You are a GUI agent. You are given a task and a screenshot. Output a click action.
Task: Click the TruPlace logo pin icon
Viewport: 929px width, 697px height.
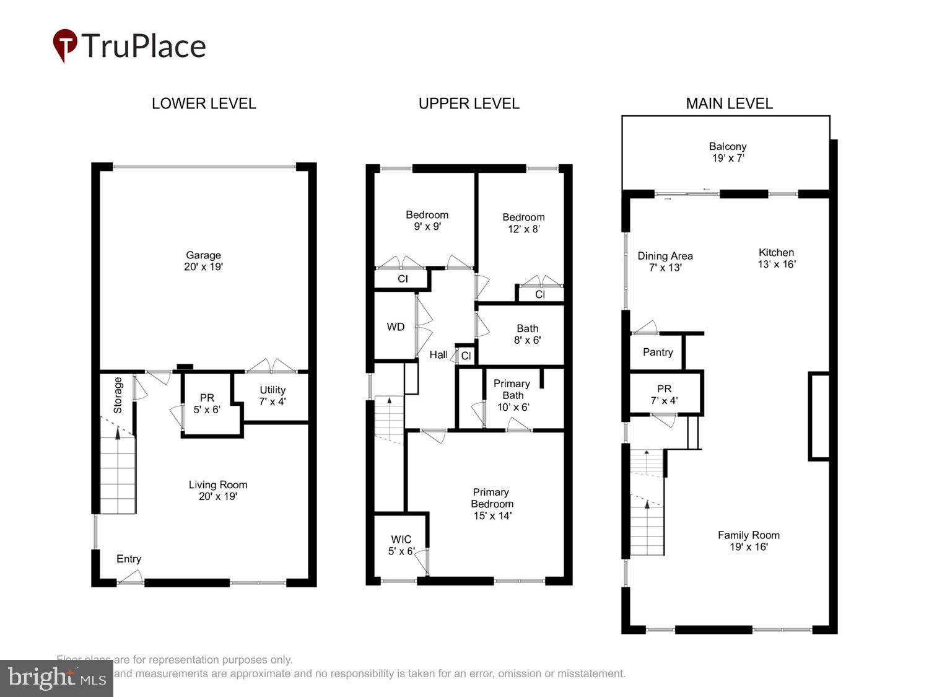[x=64, y=45]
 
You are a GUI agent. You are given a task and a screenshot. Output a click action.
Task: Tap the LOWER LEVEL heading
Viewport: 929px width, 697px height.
[x=204, y=103]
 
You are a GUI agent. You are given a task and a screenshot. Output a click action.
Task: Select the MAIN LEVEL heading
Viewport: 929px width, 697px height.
[x=729, y=103]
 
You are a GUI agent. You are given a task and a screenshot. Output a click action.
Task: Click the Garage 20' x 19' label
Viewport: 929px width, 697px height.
[x=203, y=261]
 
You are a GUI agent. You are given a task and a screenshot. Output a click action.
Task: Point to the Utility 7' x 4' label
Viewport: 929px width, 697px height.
[x=273, y=395]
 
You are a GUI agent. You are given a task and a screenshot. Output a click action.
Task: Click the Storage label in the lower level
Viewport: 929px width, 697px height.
[x=118, y=395]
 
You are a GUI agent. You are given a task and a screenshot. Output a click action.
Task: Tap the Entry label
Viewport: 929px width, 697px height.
[x=129, y=559]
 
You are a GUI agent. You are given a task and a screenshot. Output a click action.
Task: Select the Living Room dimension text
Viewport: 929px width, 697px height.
[x=217, y=496]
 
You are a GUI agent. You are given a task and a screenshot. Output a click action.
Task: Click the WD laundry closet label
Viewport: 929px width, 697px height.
[x=396, y=327]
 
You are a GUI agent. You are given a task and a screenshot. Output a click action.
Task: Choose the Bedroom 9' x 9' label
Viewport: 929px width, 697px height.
[x=427, y=221]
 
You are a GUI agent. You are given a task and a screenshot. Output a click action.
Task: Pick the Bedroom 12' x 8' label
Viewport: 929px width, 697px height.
[x=523, y=223]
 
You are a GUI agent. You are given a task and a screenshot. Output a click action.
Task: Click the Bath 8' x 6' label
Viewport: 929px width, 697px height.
[x=527, y=335]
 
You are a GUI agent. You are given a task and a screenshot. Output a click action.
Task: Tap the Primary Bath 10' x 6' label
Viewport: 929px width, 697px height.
[x=512, y=395]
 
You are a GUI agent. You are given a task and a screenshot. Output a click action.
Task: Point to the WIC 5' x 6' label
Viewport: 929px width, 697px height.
[x=401, y=545]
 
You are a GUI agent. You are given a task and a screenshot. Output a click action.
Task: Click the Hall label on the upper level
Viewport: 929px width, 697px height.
[x=438, y=355]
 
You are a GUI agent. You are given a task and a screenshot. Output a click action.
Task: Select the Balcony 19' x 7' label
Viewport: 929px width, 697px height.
[x=728, y=152]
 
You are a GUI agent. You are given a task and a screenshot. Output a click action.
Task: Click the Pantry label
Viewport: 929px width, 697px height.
[x=658, y=353]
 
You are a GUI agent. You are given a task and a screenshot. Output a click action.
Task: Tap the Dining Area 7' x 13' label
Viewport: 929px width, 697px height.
[x=665, y=261]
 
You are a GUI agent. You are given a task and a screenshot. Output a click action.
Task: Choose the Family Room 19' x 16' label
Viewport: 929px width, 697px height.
[x=748, y=541]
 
